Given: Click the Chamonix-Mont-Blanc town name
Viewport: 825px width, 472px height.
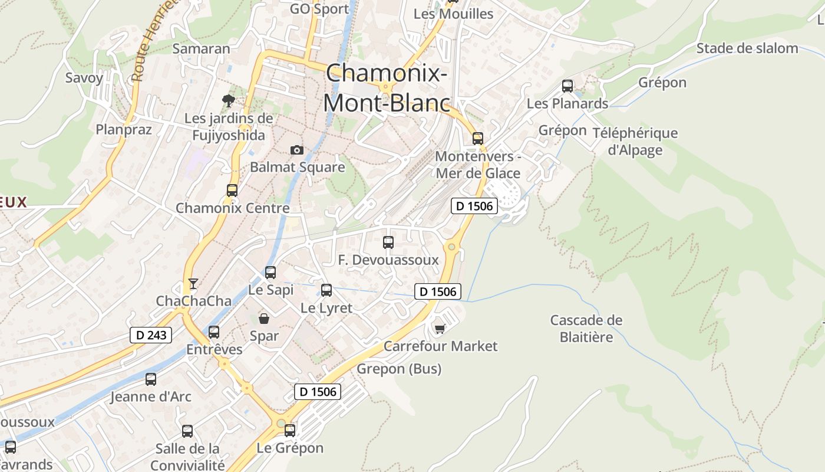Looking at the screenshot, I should [x=386, y=88].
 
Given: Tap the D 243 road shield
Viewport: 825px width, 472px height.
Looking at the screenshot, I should [x=151, y=335].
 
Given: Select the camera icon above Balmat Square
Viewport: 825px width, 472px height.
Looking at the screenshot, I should [x=297, y=150].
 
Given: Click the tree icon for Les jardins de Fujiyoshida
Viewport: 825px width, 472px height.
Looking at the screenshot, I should [x=228, y=101].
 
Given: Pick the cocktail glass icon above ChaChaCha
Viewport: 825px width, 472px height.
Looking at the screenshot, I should [x=193, y=284].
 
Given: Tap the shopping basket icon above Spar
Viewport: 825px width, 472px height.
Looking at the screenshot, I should [x=264, y=319].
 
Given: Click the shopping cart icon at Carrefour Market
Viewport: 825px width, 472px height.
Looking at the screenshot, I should [x=440, y=328].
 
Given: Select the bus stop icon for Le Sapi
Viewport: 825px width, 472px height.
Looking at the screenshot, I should [x=270, y=272].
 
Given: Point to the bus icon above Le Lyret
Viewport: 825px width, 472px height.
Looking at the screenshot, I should [x=326, y=290].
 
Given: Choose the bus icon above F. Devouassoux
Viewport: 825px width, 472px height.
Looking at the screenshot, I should [x=388, y=242].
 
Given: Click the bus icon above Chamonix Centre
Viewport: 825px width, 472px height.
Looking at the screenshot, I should [x=232, y=190].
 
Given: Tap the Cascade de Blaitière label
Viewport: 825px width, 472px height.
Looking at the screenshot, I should [x=586, y=329].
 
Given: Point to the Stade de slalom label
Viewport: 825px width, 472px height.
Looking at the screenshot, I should [x=747, y=48].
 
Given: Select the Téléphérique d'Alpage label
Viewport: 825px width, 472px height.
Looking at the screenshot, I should [x=635, y=142].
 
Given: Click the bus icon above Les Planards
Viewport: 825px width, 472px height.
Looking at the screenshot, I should [x=567, y=86].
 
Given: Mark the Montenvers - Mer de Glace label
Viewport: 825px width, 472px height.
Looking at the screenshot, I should [x=478, y=165].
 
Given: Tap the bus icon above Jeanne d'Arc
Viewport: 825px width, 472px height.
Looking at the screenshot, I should [x=151, y=379].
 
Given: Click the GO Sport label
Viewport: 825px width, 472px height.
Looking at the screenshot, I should [x=320, y=9].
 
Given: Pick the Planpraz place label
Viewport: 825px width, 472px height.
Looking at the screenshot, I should [x=124, y=130].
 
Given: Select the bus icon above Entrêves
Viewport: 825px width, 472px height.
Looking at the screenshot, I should [x=214, y=332].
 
